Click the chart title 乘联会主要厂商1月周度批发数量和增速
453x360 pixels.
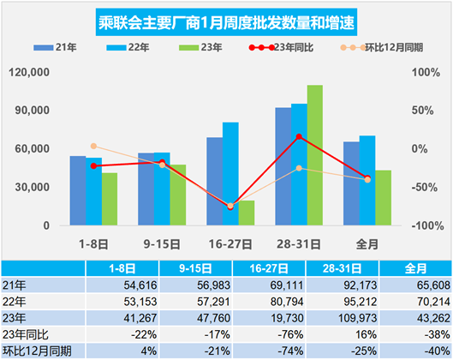click(x=226, y=17)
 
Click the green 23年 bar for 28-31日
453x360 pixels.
click(x=315, y=155)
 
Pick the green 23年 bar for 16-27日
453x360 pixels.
click(x=247, y=213)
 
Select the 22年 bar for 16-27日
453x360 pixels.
click(x=230, y=174)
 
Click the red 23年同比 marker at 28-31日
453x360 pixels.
click(x=299, y=136)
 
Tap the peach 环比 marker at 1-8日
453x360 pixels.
click(x=93, y=147)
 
